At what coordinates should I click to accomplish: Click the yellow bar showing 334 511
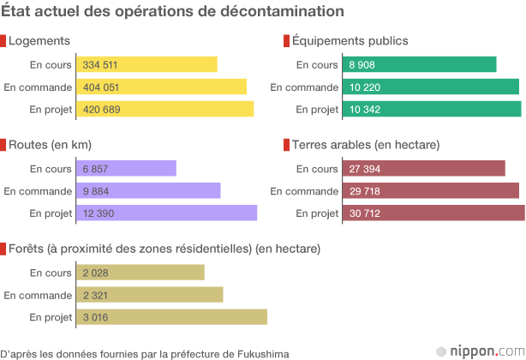pyautogui.click(x=147, y=64)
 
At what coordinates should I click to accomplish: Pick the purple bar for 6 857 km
pyautogui.click(x=127, y=169)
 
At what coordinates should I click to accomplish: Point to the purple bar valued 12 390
pyautogui.click(x=167, y=213)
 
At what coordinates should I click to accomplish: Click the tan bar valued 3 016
pyautogui.click(x=172, y=317)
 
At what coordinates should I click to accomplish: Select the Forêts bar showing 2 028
pyautogui.click(x=141, y=273)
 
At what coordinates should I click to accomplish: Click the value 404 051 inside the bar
pyautogui.click(x=100, y=87)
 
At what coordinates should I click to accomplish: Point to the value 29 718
pyautogui.click(x=365, y=191)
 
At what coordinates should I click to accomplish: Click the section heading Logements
pyautogui.click(x=39, y=40)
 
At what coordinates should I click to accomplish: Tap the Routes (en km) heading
pyautogui.click(x=50, y=145)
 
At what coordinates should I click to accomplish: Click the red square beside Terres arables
pyautogui.click(x=287, y=145)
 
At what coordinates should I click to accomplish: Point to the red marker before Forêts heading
pyautogui.click(x=3, y=249)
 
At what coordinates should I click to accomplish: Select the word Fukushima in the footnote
pyautogui.click(x=263, y=353)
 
